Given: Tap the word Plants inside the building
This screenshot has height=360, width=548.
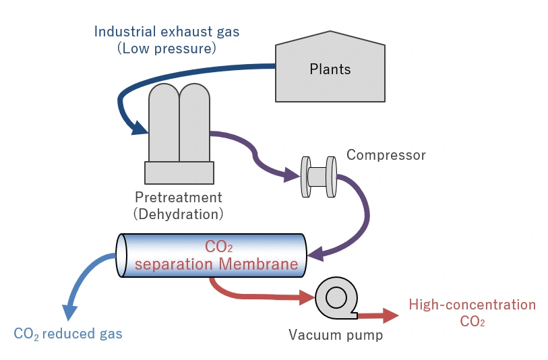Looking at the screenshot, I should coord(330,69).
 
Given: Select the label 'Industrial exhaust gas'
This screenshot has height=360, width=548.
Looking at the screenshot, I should coord(166,32).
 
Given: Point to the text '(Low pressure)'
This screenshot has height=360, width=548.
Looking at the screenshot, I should coord(166,49).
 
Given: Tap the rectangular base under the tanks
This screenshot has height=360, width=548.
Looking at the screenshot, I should coord(179,173).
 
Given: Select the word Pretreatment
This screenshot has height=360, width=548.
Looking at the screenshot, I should coord(178,198).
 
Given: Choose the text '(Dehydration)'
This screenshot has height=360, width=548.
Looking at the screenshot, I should coord(178,214).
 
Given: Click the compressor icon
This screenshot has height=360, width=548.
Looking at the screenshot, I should coord(317,177).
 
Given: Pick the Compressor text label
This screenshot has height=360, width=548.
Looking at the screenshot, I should coord(386,155).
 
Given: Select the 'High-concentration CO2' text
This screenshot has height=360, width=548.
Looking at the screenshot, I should coord(472,313).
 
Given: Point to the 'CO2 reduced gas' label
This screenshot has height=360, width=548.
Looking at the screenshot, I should coord(68,334).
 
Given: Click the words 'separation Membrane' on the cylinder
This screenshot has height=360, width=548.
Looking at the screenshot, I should coord(216,264).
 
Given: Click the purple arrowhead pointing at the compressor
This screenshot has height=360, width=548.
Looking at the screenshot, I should coord(292,176).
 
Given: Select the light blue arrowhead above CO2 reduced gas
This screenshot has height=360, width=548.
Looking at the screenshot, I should coord(70,311).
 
